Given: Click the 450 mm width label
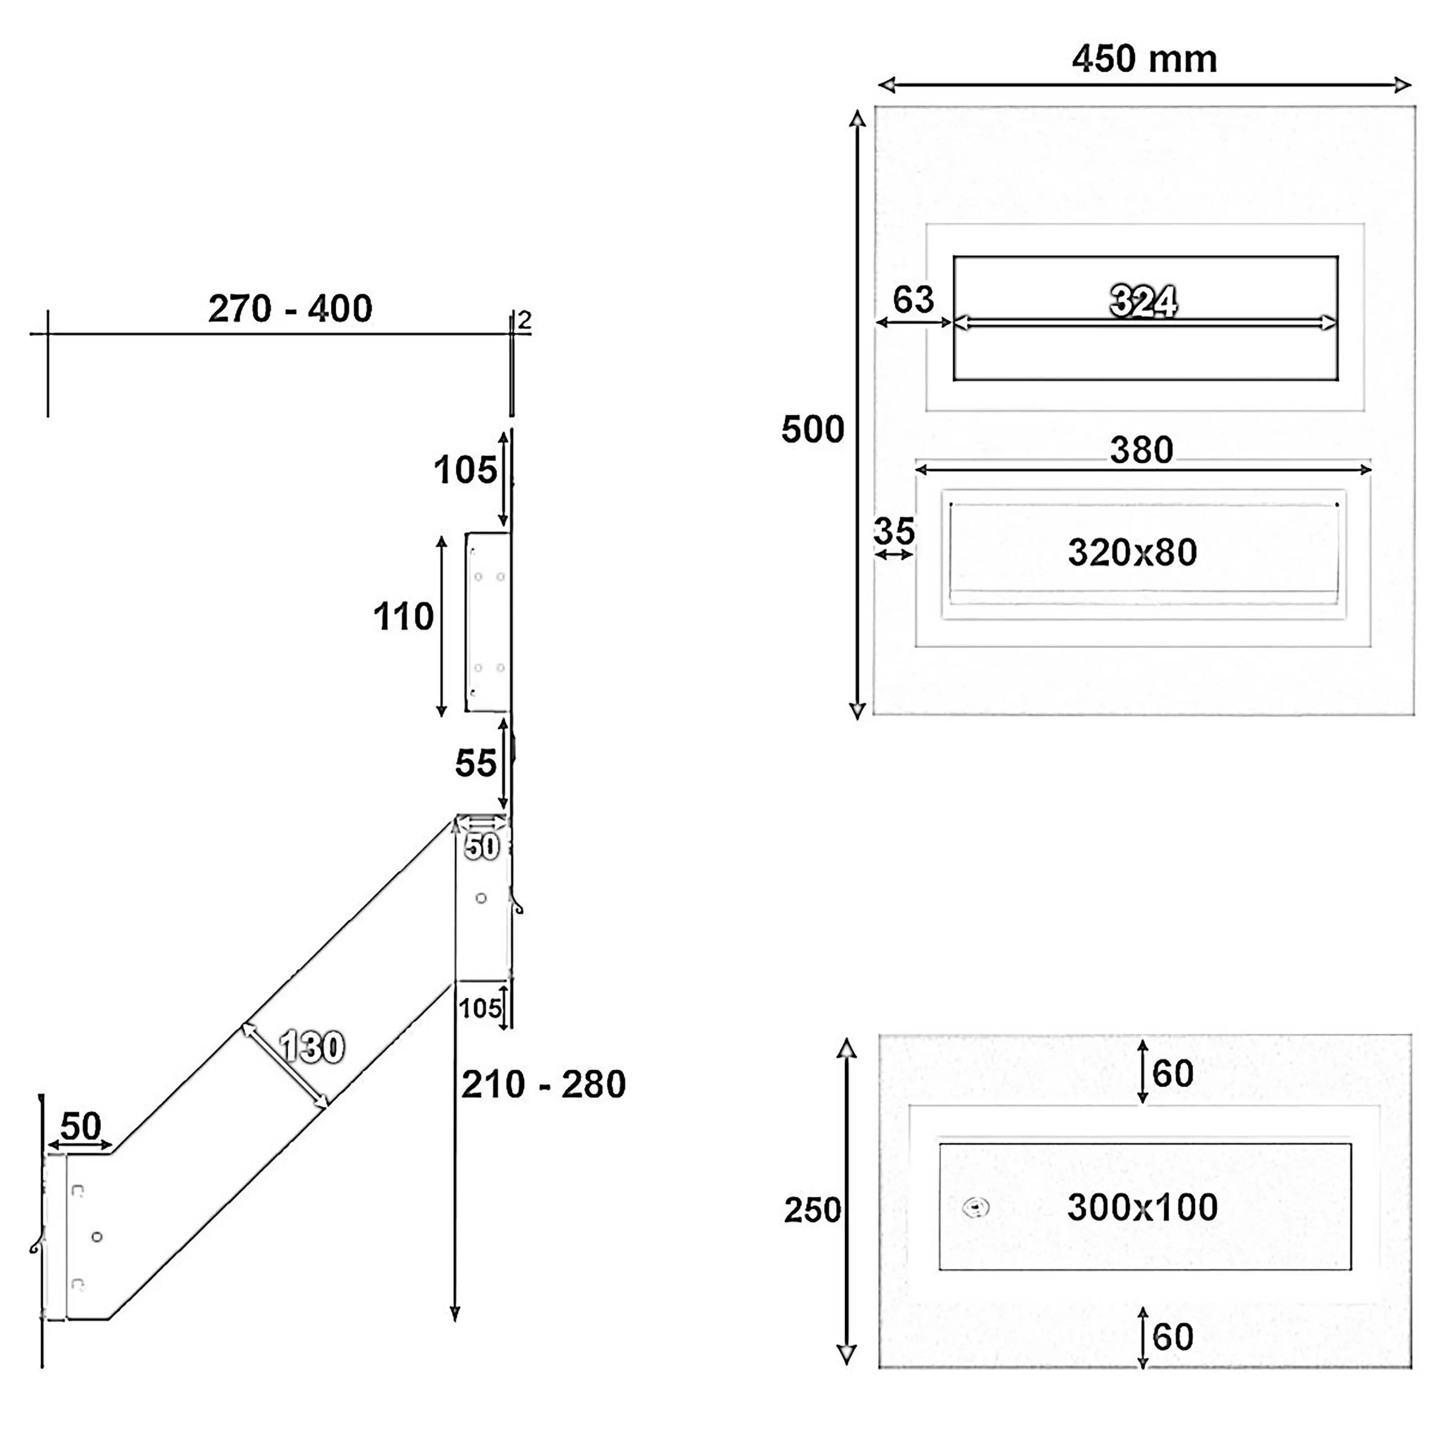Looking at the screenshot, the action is point(1144,59).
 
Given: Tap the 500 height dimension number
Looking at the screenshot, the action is point(813,429).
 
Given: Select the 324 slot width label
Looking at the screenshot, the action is point(1143,301).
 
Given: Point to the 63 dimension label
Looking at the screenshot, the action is point(913,299).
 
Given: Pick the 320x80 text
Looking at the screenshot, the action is point(1132,552).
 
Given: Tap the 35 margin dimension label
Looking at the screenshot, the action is point(894,531).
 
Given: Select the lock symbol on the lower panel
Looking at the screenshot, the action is point(976,1207).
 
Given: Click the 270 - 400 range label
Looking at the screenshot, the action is point(290,309).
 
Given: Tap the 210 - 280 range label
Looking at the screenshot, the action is point(543,1084).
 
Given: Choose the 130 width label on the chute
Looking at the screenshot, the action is point(312,1047).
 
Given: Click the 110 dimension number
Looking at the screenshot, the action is point(403,617).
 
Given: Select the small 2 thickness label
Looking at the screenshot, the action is point(525,321).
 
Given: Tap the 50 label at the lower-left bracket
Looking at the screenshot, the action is point(81,1126).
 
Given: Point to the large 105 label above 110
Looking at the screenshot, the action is point(465,470).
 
